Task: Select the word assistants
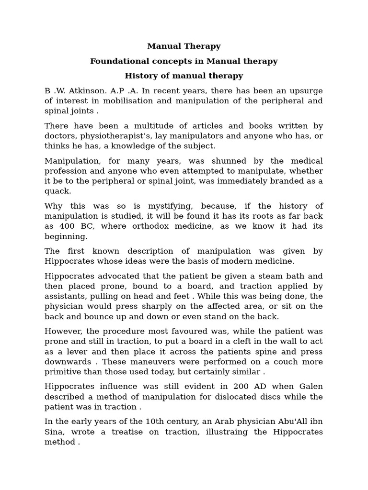coord(65,296)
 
